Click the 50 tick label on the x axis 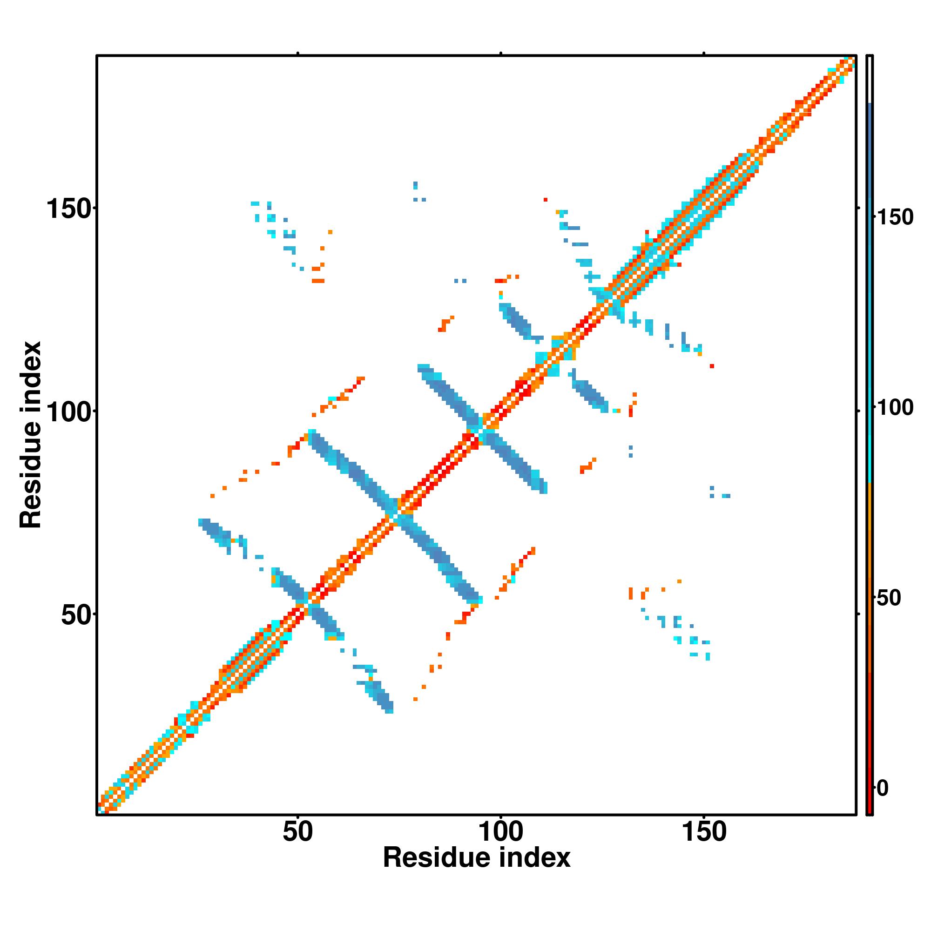pos(298,832)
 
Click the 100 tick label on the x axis pos(501,832)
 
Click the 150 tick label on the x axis pos(704,832)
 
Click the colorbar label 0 pos(883,789)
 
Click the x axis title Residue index pos(476,858)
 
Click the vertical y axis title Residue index pos(31,435)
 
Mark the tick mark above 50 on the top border pos(298,54)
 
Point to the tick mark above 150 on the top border pos(704,54)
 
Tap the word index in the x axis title pos(535,858)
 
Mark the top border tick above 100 pos(501,54)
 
